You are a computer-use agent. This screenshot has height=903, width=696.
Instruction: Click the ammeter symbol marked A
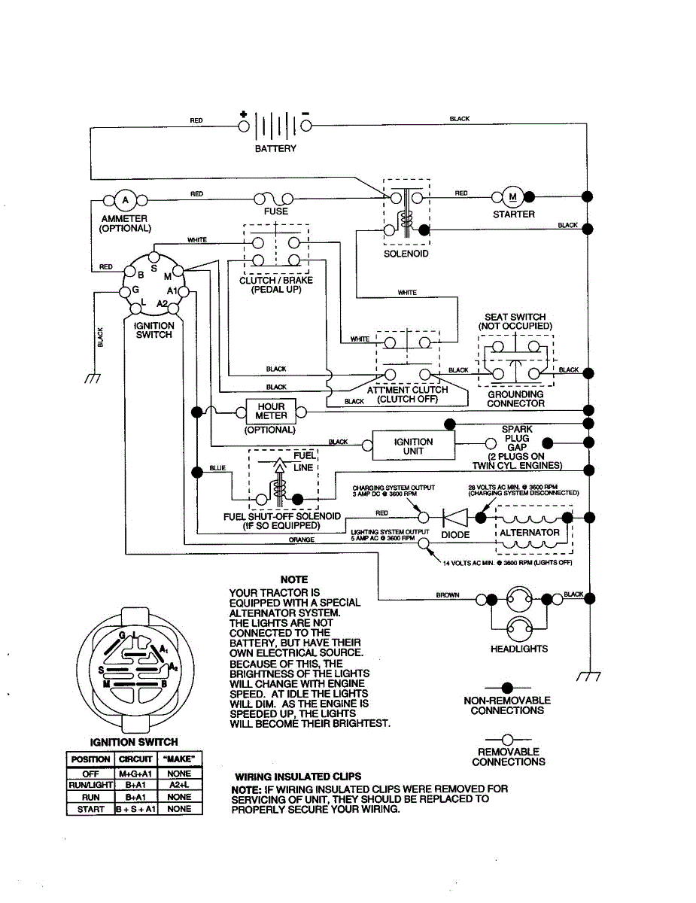click(x=126, y=200)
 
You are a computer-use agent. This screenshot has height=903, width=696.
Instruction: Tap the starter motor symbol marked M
click(x=513, y=197)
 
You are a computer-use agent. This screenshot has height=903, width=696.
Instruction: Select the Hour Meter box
click(x=271, y=411)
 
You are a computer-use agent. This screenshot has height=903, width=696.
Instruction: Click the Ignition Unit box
click(x=413, y=446)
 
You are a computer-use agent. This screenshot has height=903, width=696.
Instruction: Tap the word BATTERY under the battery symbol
click(x=275, y=149)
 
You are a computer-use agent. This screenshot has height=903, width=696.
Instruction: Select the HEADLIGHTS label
click(x=519, y=649)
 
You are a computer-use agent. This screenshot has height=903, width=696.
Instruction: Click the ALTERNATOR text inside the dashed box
click(x=530, y=532)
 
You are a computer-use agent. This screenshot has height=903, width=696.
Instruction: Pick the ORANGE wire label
click(x=301, y=540)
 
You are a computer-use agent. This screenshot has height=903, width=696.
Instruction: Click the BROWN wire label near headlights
click(x=448, y=595)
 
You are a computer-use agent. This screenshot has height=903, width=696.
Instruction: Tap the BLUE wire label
click(x=217, y=468)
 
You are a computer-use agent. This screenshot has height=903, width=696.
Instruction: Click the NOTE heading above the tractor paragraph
click(x=293, y=579)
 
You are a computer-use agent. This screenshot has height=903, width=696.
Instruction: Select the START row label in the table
click(x=90, y=809)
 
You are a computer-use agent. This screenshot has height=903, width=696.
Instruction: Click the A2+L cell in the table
click(x=179, y=785)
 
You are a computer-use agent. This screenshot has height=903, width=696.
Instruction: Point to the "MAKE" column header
click(x=179, y=759)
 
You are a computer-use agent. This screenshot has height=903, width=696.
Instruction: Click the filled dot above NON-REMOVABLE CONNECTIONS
click(x=507, y=688)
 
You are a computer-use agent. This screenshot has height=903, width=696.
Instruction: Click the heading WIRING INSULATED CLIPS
click(x=298, y=777)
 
